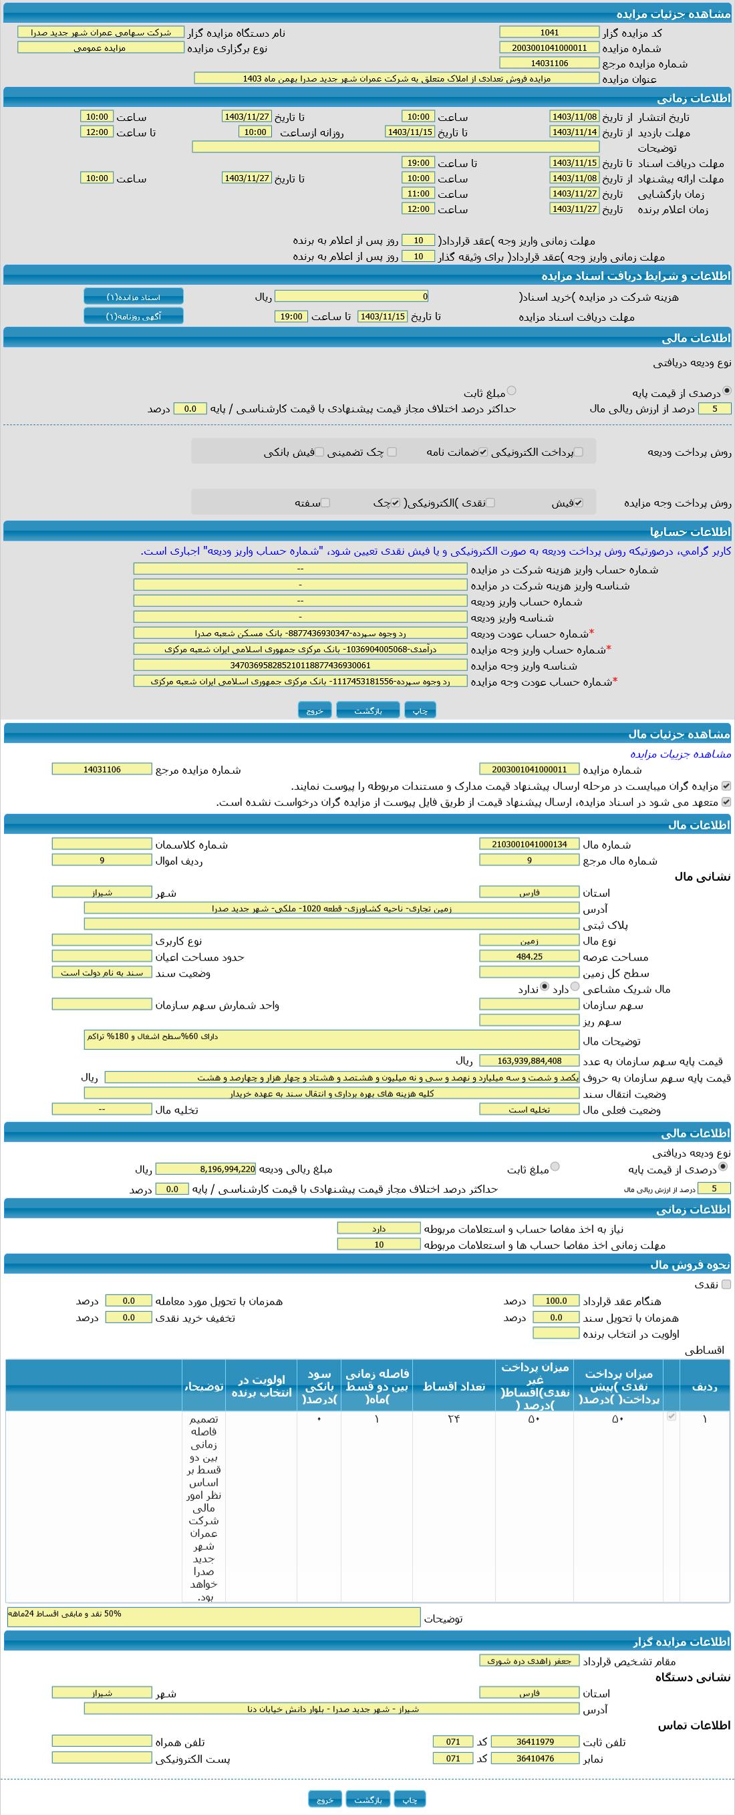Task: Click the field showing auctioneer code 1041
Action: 549,32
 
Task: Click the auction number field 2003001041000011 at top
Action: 549,48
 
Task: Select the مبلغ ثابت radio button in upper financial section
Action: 512,390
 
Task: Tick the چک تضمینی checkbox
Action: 392,452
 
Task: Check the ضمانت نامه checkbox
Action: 482,452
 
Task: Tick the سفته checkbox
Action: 325,503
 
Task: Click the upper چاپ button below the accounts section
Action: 420,710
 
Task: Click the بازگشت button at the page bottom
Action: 368,1799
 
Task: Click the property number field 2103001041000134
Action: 529,844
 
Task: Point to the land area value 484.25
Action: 529,956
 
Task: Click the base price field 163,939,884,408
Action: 529,1061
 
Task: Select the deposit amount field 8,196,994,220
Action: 206,1169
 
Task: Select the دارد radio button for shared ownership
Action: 575,987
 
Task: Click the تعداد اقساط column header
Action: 454,1386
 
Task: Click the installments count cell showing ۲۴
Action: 454,1419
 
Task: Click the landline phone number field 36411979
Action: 535,1741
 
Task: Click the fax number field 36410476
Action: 535,1758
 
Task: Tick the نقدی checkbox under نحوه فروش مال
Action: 726,1284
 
